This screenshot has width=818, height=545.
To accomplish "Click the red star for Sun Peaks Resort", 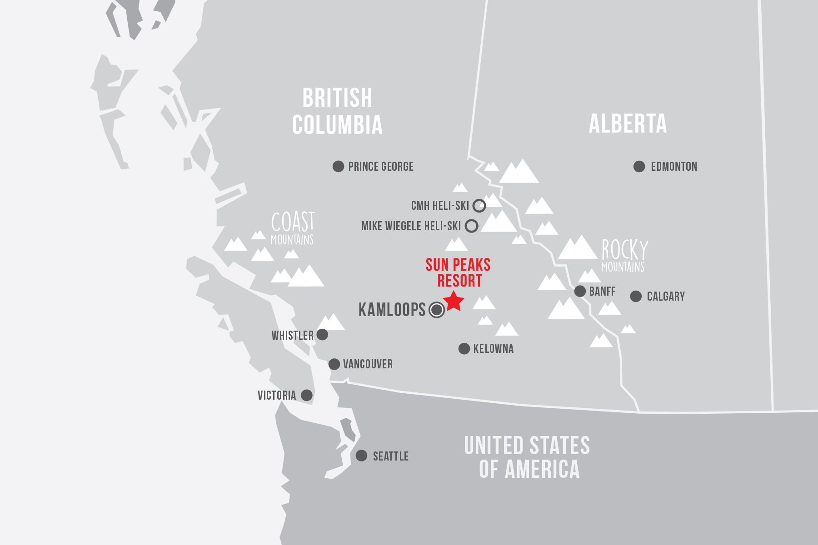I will tap(454, 301).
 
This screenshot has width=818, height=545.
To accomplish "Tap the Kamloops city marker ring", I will tap(437, 310).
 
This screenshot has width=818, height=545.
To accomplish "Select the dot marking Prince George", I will tap(338, 166).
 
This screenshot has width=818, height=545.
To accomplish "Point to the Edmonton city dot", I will tap(639, 166).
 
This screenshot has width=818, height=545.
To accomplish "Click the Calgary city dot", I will tap(636, 296).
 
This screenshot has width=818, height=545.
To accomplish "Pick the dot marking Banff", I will tap(580, 291).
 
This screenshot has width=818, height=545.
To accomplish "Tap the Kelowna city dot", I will tap(464, 348).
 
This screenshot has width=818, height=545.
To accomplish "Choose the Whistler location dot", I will tap(322, 335).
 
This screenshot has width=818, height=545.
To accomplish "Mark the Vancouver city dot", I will tap(334, 364).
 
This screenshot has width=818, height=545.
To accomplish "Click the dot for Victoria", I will tap(307, 395).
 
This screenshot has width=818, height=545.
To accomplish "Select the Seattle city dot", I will tap(361, 456).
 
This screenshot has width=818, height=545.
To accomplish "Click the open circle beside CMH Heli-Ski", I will tap(479, 206).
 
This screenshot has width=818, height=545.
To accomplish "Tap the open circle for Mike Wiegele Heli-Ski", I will tap(472, 226).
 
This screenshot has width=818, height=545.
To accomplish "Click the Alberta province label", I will tap(628, 124).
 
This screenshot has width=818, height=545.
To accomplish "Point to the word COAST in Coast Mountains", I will tap(293, 222).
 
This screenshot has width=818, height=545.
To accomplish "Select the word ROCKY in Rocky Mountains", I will tap(625, 250).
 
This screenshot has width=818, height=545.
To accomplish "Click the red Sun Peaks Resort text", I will tap(458, 272).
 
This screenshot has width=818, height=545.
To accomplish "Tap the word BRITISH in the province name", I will tap(337, 98).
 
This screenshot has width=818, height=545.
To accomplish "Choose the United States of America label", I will tap(527, 457).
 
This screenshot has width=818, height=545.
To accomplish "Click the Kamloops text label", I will tap(392, 310).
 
